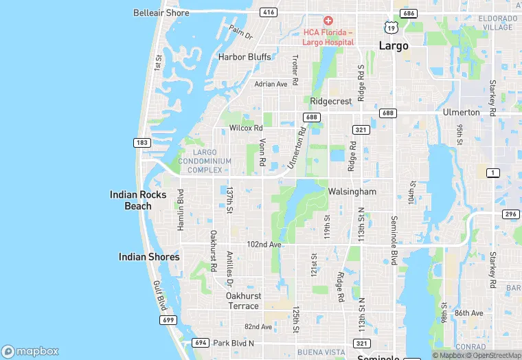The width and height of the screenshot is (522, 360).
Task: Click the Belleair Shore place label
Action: (161, 12)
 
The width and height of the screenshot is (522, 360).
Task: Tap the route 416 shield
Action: (269, 12)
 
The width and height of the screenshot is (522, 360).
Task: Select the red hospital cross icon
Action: (328, 21)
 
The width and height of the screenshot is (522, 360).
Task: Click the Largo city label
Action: (394, 46)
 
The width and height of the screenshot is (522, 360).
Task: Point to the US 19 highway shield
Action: (390, 27)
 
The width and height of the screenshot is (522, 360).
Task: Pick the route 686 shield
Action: (410, 13)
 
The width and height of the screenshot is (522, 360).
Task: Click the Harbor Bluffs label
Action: (245, 56)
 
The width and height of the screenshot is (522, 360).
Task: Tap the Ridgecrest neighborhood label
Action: (331, 100)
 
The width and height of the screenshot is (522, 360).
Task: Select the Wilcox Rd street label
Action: (246, 128)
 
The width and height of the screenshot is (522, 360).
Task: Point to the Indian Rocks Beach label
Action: (138, 200)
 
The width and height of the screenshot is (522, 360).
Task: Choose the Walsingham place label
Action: (352, 191)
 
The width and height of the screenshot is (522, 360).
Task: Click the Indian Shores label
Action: (149, 257)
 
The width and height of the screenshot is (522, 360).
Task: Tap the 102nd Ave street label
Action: (264, 244)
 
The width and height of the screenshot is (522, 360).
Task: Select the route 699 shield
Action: (168, 320)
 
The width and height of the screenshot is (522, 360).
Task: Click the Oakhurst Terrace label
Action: (242, 300)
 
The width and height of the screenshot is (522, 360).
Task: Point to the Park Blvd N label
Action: (234, 343)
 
